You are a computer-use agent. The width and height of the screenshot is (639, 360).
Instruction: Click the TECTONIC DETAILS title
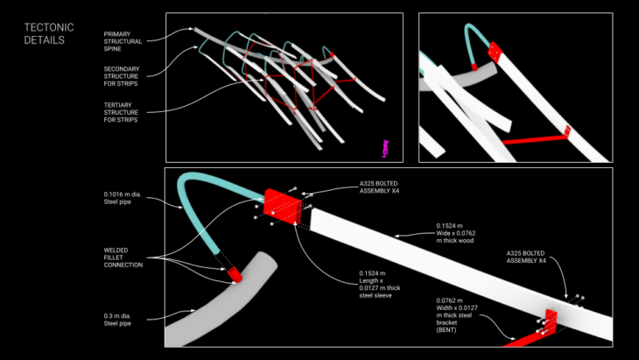pyautogui.click(x=49, y=33)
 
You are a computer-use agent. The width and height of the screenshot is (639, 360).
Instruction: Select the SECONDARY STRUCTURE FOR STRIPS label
pyautogui.click(x=123, y=75)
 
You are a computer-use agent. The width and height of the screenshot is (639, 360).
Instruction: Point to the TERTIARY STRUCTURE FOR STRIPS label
pyautogui.click(x=123, y=112)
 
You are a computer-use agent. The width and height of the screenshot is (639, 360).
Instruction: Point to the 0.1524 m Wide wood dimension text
pyautogui.click(x=460, y=232)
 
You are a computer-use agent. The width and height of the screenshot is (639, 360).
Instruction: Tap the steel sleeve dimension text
pyautogui.click(x=380, y=285)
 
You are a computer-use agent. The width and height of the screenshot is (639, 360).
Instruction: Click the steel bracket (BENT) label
pyautogui.click(x=459, y=315)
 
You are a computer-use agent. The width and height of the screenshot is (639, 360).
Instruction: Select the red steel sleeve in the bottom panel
pyautogui.click(x=282, y=207)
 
